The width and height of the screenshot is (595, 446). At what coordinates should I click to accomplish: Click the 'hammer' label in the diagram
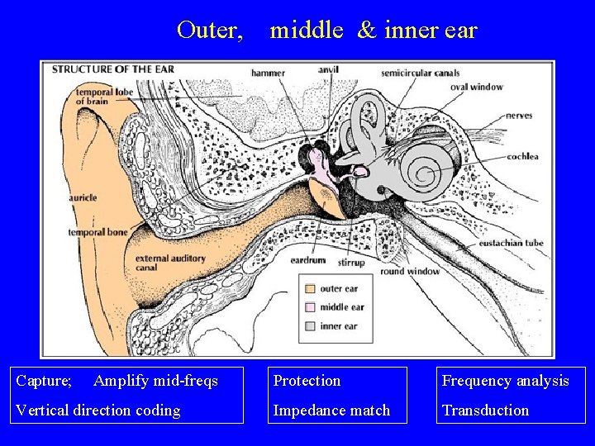tap(268, 73)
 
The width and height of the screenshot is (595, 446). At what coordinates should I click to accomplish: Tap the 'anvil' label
tap(328, 69)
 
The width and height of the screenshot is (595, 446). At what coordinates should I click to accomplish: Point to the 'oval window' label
tap(476, 86)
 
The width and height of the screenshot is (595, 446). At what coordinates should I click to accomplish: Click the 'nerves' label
tap(519, 116)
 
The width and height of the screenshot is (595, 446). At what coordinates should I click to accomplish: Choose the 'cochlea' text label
tap(523, 156)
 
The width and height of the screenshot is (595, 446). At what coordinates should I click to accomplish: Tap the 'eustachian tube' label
tap(511, 244)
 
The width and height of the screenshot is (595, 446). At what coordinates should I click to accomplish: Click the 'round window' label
tap(410, 271)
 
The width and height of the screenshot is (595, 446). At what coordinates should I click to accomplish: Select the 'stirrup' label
tap(356, 262)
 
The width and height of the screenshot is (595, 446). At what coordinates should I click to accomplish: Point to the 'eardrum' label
tap(307, 260)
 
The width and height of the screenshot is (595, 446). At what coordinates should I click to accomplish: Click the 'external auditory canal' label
tap(169, 263)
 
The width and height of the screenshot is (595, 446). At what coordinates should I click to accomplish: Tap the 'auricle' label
tap(83, 198)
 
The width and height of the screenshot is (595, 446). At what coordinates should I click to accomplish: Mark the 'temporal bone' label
tap(98, 232)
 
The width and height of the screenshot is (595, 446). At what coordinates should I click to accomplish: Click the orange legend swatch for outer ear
tap(309, 289)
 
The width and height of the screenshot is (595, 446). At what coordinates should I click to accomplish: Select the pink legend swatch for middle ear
tap(309, 307)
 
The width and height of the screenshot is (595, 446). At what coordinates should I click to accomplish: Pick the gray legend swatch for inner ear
tap(309, 326)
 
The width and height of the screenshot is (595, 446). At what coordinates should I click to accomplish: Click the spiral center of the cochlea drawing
tap(427, 174)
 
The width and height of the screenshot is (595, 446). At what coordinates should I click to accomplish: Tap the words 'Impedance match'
tap(331, 410)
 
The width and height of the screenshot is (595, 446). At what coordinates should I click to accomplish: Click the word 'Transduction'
tap(485, 410)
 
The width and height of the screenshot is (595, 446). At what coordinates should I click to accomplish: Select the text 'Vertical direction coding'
tap(98, 410)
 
